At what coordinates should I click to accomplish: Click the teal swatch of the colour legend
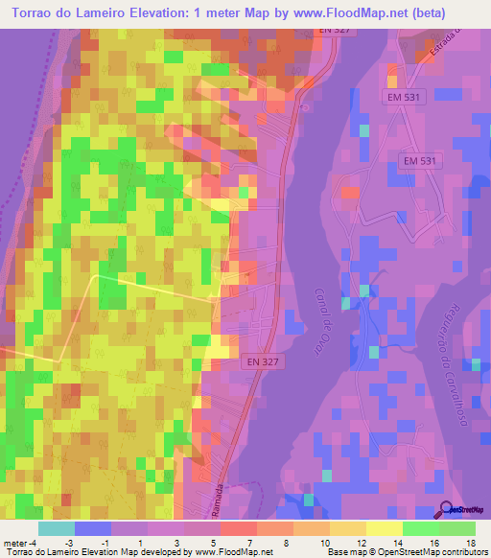click(57, 528)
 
